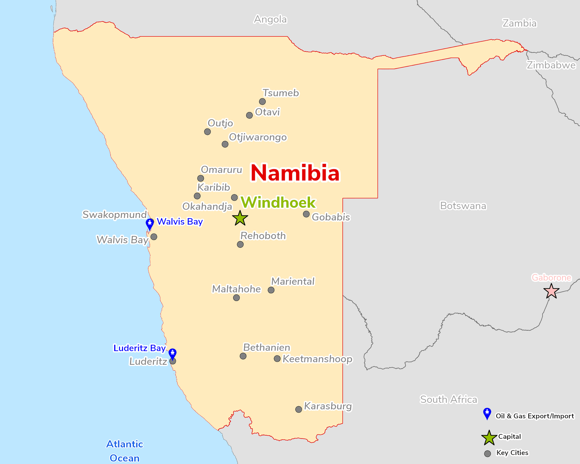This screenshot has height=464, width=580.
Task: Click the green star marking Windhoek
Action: [240, 218]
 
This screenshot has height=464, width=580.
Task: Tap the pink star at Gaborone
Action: [551, 291]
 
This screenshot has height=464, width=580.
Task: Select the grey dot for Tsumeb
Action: [262, 101]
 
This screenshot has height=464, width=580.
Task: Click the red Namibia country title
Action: [295, 173]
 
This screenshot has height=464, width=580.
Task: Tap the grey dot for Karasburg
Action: [298, 409]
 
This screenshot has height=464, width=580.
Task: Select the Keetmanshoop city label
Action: [317, 359]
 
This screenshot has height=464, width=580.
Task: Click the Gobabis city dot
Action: [306, 214]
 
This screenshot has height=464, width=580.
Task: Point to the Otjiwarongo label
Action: [258, 137]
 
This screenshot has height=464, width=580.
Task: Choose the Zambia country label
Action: [519, 23]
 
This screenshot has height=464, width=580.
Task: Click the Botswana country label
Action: [463, 206]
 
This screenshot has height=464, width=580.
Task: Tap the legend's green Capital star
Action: [489, 438]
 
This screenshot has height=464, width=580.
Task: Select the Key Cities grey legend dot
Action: [487, 454]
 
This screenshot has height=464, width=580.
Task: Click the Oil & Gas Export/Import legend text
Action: [534, 416]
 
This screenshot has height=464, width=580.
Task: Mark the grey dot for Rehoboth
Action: [240, 244]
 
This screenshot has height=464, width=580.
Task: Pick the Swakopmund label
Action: [115, 215]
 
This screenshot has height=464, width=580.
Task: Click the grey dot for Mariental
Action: [271, 290]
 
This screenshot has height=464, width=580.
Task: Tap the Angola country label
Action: [270, 19]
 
